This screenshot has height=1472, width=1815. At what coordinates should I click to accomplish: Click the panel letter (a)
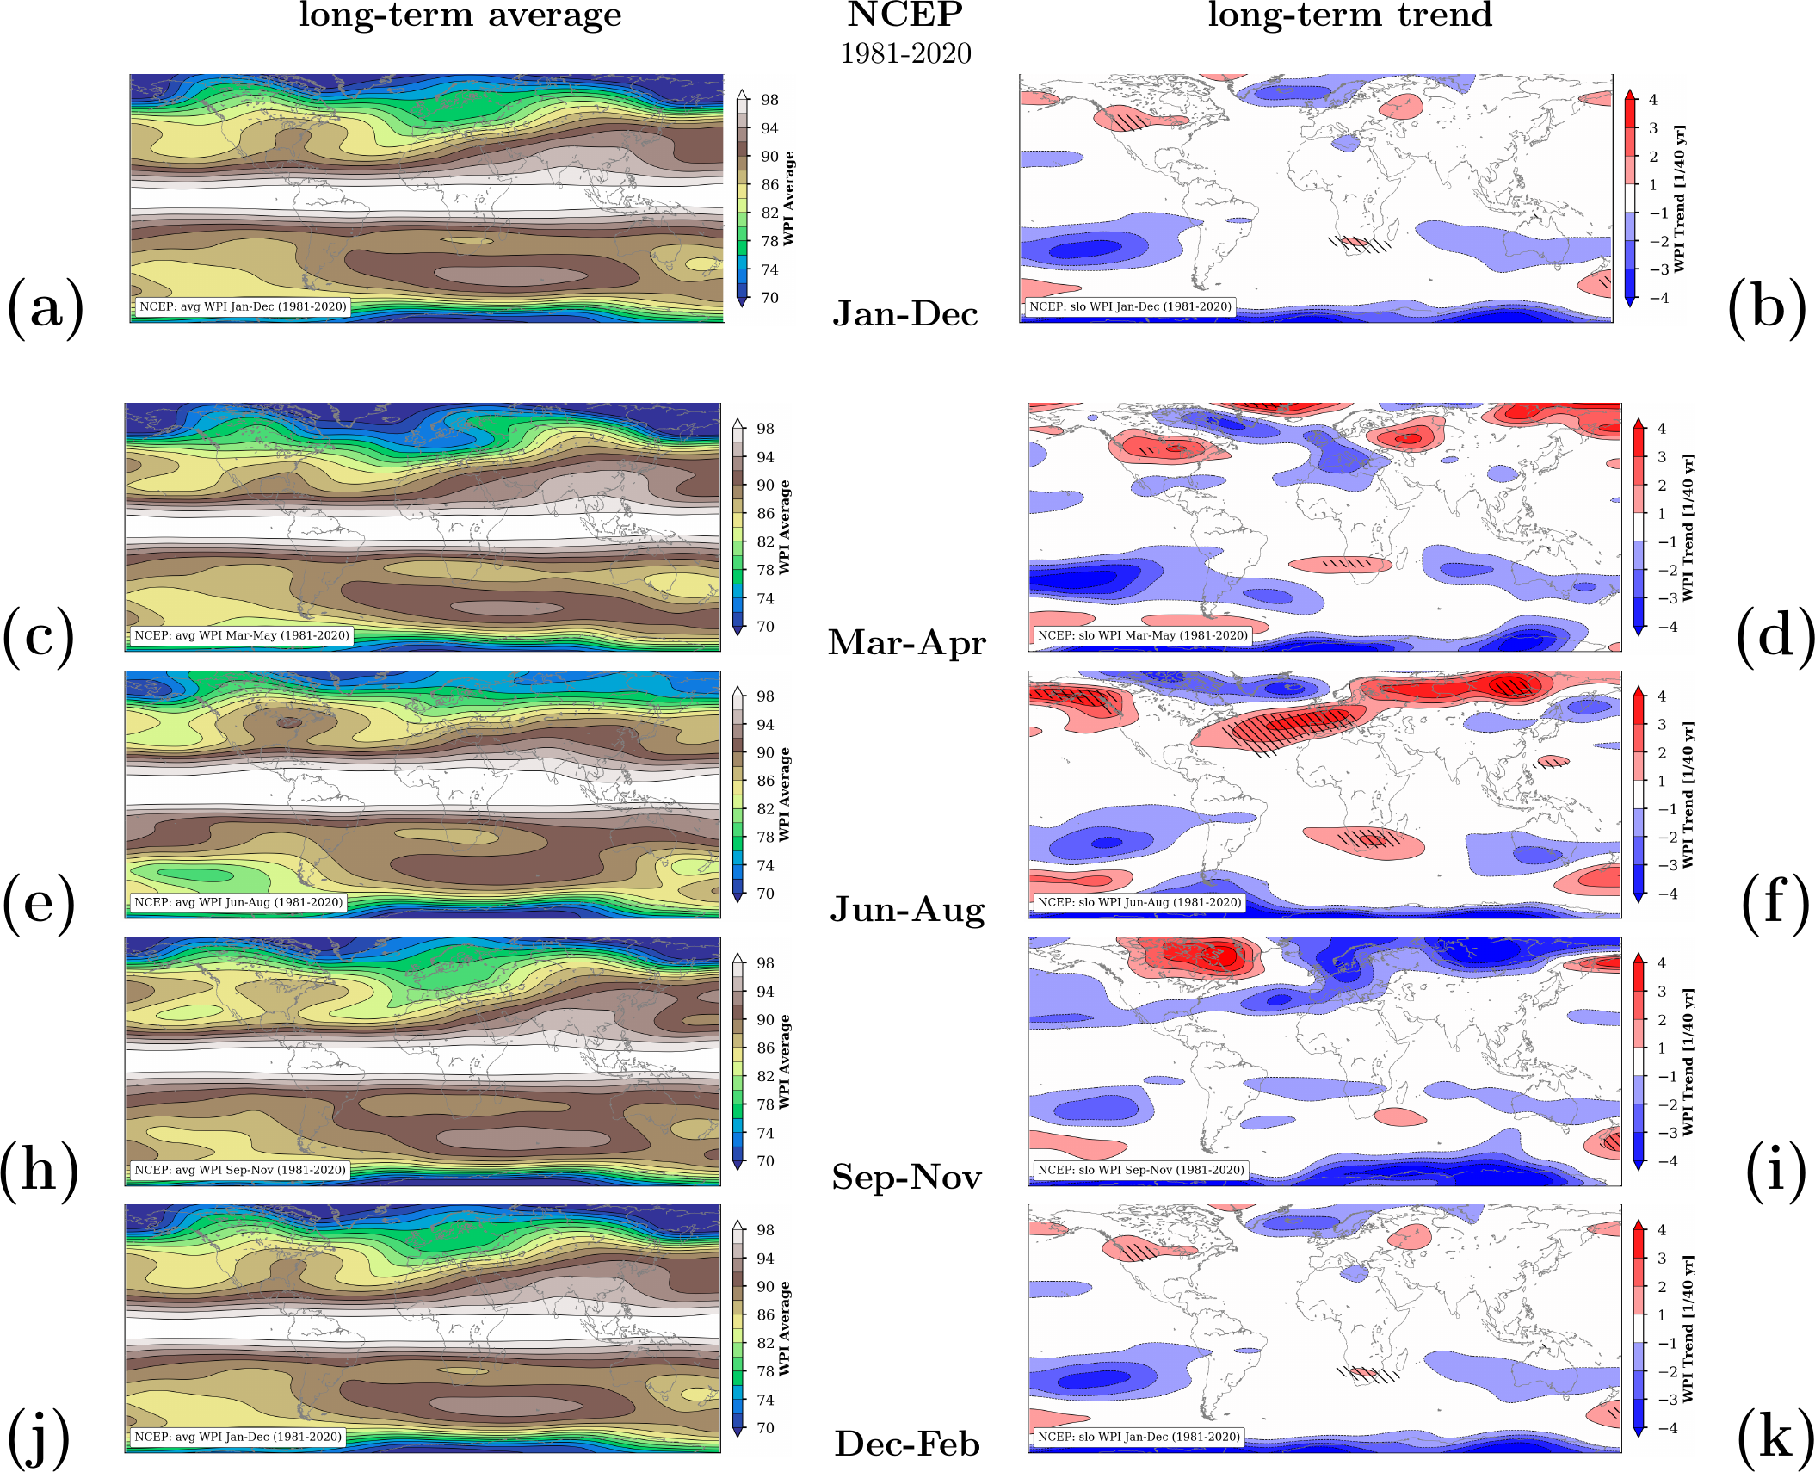[x=45, y=307]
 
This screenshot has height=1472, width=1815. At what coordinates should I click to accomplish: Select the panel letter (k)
[x=1775, y=1437]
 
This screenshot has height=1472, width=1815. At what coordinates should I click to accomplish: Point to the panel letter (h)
[x=39, y=1170]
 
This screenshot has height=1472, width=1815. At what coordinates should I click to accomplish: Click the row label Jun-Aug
[x=907, y=910]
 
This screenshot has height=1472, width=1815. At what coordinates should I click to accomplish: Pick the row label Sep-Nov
[x=907, y=1177]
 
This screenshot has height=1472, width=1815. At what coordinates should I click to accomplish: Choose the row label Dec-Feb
[x=907, y=1444]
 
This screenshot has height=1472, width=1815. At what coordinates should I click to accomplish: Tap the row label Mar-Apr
[x=907, y=643]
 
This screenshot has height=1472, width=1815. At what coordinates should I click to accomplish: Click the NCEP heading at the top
[x=905, y=15]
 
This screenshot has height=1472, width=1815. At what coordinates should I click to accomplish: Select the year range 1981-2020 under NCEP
[x=905, y=53]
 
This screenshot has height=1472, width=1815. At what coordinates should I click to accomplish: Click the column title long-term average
[x=460, y=15]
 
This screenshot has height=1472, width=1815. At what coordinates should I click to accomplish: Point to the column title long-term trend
[x=1349, y=15]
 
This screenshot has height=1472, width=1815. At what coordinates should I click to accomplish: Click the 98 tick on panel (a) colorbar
[x=769, y=100]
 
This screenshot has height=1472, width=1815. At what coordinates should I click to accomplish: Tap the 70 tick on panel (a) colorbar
[x=769, y=298]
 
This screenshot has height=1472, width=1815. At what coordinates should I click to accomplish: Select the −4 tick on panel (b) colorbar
[x=1658, y=298]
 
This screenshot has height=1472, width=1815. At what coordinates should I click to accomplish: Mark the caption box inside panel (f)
[x=1139, y=902]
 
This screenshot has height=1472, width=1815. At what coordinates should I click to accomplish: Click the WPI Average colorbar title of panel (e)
[x=784, y=795]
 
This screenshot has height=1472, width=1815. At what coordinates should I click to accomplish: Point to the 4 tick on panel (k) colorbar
[x=1662, y=1230]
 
